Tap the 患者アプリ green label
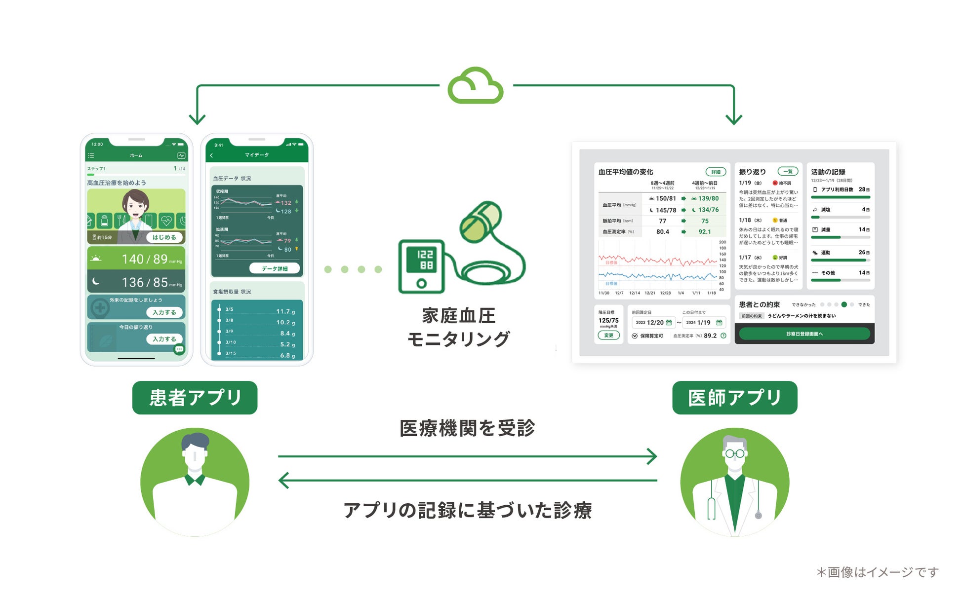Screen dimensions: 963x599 (x=195, y=398)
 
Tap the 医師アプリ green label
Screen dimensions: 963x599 (x=734, y=398)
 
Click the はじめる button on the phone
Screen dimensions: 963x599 (x=164, y=237)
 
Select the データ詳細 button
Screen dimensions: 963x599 (x=275, y=268)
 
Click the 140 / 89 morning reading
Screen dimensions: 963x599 (x=145, y=259)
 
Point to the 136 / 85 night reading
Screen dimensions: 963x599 (x=145, y=282)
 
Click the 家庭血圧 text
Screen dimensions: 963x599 (x=458, y=316)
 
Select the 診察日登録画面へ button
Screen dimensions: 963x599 (x=804, y=334)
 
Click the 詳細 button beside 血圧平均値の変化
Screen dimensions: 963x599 (x=716, y=172)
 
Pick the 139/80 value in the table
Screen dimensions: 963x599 (x=708, y=198)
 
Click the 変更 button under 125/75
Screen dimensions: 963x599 (x=608, y=336)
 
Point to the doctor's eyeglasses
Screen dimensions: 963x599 (x=734, y=453)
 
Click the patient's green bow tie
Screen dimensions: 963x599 (x=195, y=479)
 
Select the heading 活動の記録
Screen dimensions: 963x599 (x=828, y=172)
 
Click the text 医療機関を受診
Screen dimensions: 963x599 (x=467, y=428)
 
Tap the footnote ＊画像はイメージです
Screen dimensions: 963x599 (x=877, y=572)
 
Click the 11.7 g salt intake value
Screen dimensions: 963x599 (x=285, y=311)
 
